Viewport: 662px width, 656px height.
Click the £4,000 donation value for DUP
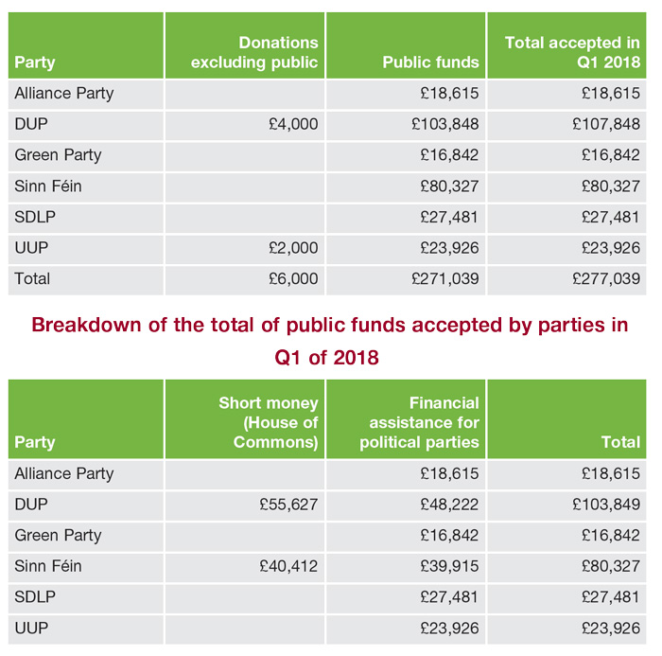[x=293, y=124]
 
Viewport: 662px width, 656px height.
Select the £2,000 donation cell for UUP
[x=293, y=248]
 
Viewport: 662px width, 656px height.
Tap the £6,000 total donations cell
[x=293, y=279]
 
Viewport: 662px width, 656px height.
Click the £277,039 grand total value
[x=606, y=279]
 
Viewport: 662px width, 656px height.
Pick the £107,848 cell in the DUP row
[x=606, y=124]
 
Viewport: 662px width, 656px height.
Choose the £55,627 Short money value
[x=288, y=505]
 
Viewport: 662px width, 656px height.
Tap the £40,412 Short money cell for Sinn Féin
[x=288, y=566]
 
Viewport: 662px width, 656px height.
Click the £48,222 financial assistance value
[x=449, y=505]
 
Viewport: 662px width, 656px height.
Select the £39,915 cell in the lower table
[x=449, y=566]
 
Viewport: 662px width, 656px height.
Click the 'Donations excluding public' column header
[x=253, y=53]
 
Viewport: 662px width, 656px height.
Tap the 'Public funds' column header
[x=430, y=63]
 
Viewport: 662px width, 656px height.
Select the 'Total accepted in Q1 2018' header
[x=572, y=53]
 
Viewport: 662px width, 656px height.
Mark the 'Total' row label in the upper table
[x=32, y=279]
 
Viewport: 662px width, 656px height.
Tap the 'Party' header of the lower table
[x=35, y=443]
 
